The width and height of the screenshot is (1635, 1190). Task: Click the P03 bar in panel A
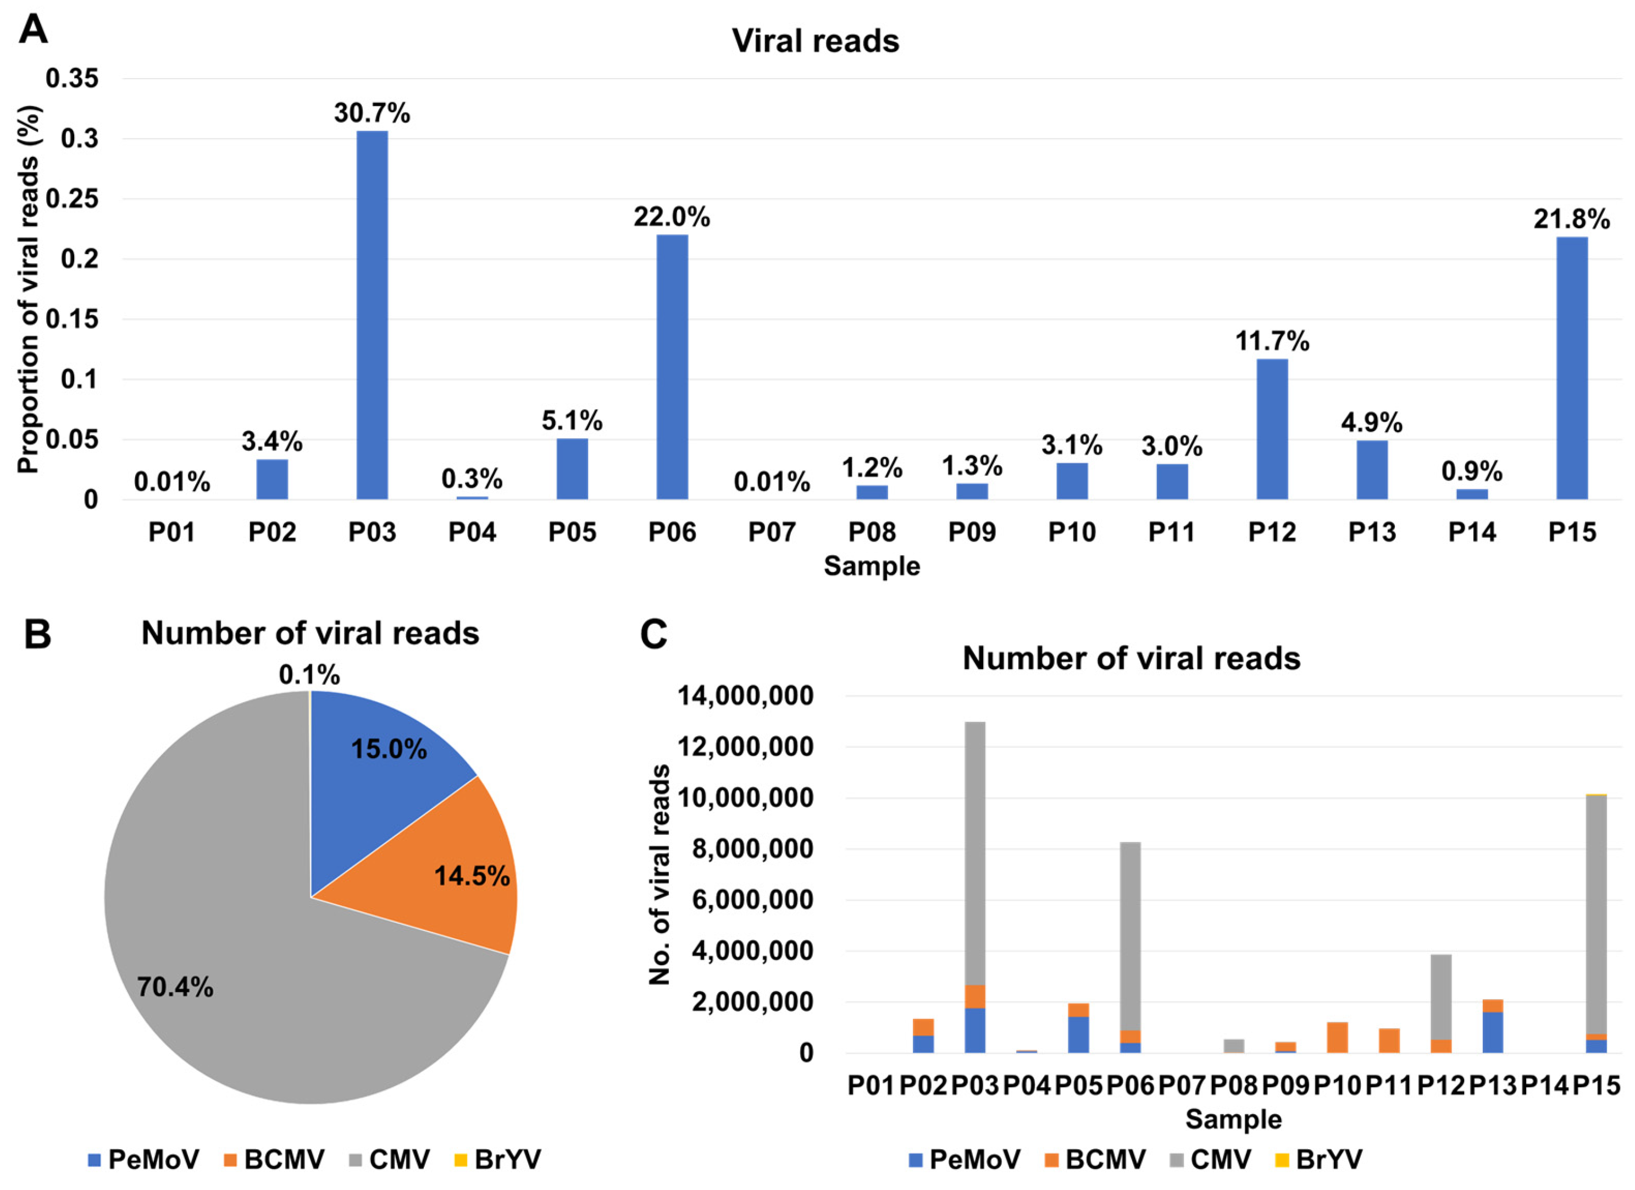click(x=372, y=315)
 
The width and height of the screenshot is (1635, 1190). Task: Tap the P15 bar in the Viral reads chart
click(x=1572, y=368)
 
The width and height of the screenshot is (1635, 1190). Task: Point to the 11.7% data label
click(x=1272, y=341)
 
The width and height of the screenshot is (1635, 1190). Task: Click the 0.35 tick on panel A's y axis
click(x=72, y=78)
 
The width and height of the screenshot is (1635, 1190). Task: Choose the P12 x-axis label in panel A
click(x=1272, y=532)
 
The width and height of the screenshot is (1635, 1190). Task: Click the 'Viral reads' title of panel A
click(x=816, y=41)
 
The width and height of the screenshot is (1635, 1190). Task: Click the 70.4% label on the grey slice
click(x=175, y=987)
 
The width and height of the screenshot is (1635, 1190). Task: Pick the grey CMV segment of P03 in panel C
click(x=974, y=851)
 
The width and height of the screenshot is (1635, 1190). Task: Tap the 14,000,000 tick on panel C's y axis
click(x=745, y=696)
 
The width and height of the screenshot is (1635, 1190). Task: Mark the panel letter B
click(x=37, y=635)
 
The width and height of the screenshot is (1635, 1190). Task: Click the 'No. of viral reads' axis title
click(x=659, y=874)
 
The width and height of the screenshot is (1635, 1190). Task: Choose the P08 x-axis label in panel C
click(x=1233, y=1085)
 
